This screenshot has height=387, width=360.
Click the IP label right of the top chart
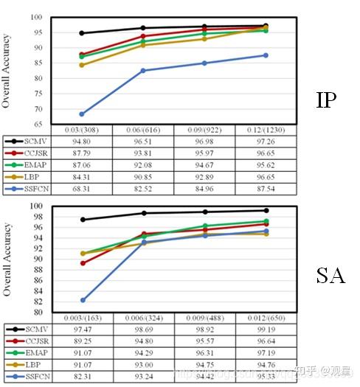pos(326,100)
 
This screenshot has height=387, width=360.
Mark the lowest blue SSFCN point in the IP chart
pos(82,114)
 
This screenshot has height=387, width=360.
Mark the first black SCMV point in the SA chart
pos(82,220)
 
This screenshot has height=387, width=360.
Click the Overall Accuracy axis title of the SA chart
pos(7,258)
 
